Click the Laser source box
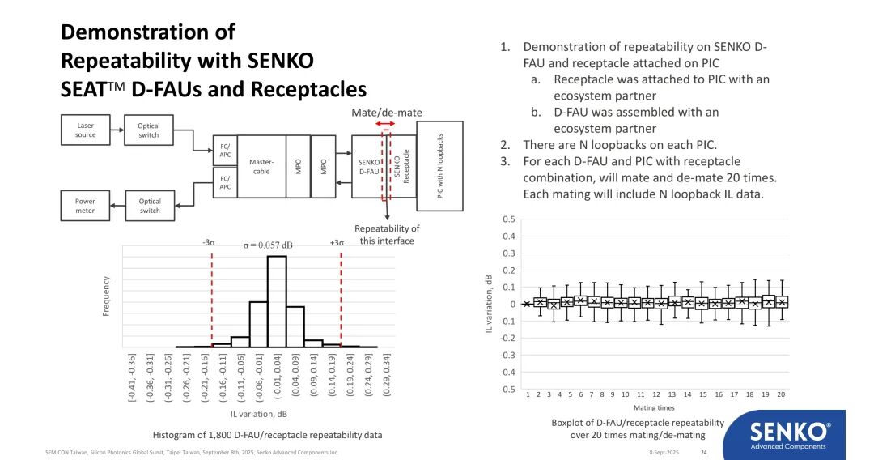coord(86,130)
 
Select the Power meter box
coord(86,206)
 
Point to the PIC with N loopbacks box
coord(440,166)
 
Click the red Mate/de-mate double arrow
coord(387,124)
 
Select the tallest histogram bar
coord(277,301)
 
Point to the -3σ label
coord(209,243)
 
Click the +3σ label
coord(337,243)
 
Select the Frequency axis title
coord(106,296)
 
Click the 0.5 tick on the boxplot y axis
coord(508,219)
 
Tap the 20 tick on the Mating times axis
coord(781,394)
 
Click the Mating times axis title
coord(654,407)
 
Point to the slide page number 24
coord(703,452)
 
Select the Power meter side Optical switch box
coord(149,206)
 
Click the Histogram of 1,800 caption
coord(267,435)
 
